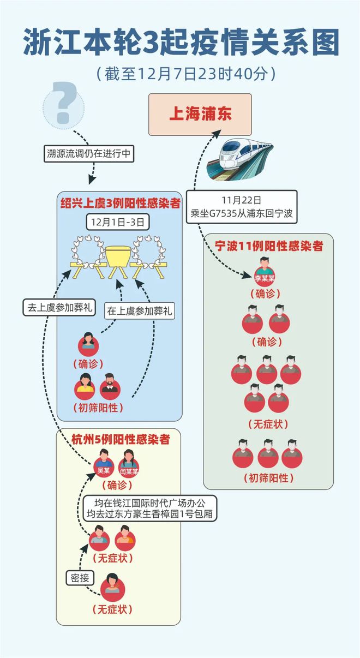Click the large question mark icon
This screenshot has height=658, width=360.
coord(64,104)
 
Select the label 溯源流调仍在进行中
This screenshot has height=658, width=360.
coord(89,154)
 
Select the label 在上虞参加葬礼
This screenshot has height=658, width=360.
coord(140,312)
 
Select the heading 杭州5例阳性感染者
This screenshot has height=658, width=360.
coord(119,439)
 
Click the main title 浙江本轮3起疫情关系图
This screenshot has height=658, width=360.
coord(180,41)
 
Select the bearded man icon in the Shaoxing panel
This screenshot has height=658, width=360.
coord(109,388)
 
